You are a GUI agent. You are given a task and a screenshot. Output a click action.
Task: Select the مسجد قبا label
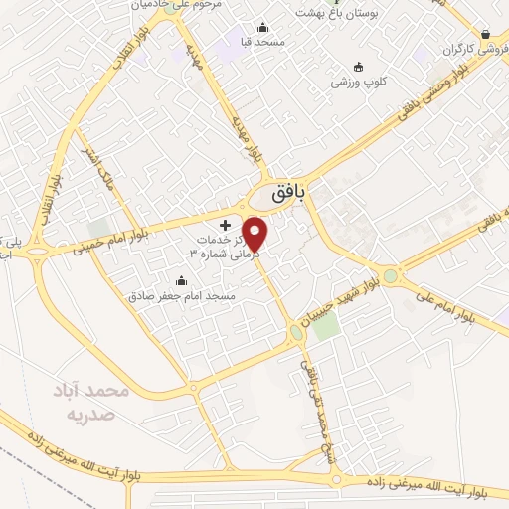tap(262, 42)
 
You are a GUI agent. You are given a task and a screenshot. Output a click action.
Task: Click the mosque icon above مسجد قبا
tap(262, 27)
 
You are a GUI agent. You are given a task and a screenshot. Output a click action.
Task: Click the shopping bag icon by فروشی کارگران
tap(485, 33)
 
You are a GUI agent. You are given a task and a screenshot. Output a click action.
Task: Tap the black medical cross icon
tap(225, 226)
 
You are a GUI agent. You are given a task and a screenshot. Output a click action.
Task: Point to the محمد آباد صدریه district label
tap(91, 399)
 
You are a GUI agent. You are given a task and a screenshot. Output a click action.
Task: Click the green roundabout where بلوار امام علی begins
tap(391, 276)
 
